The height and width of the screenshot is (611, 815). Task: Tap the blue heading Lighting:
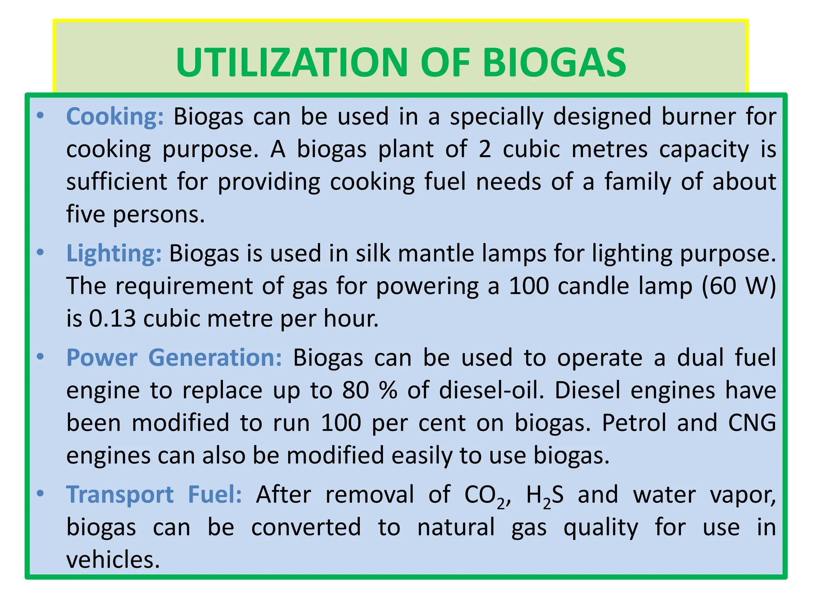tap(114, 253)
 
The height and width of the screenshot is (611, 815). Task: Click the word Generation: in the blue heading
tap(215, 358)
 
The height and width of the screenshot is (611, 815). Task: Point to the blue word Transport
tap(120, 495)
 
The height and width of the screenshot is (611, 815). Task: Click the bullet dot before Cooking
tap(40, 116)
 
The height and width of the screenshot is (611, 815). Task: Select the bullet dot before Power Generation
tap(40, 357)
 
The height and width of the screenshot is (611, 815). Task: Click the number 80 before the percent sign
tap(355, 390)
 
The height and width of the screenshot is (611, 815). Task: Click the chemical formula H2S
tap(544, 496)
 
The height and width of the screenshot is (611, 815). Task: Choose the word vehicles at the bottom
tap(113, 560)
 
